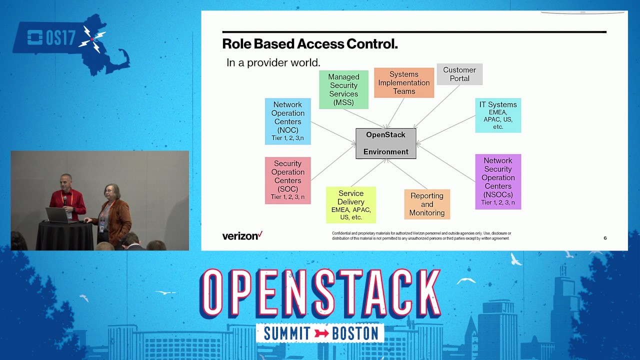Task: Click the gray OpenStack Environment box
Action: pyautogui.click(x=385, y=143)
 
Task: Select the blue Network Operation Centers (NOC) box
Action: pyautogui.click(x=287, y=121)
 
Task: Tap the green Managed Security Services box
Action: pyautogui.click(x=343, y=89)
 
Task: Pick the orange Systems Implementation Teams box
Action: pyautogui.click(x=404, y=82)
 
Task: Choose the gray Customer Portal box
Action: pyautogui.click(x=459, y=74)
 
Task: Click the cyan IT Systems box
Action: pyautogui.click(x=498, y=115)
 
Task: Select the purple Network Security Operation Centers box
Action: pyautogui.click(x=498, y=181)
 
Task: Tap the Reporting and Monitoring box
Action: pyautogui.click(x=427, y=204)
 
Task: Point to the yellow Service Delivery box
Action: pyautogui.click(x=350, y=205)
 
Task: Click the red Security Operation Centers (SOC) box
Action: pyautogui.click(x=287, y=180)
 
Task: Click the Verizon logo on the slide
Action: pyautogui.click(x=242, y=235)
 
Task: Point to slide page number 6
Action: pyautogui.click(x=605, y=238)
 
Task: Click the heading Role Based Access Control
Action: pyautogui.click(x=310, y=44)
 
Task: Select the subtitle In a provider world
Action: pyautogui.click(x=273, y=63)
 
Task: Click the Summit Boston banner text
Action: pyautogui.click(x=320, y=333)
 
